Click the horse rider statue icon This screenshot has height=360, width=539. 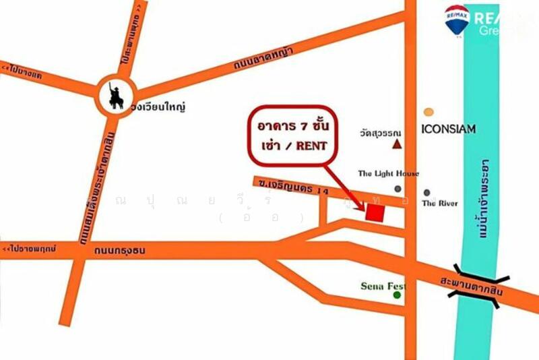[116, 96]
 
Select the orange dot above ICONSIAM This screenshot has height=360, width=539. [429, 112]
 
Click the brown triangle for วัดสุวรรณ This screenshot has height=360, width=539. [398, 144]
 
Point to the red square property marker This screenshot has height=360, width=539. [375, 212]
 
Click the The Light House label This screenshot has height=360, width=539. [388, 173]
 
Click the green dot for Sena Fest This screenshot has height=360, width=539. [397, 295]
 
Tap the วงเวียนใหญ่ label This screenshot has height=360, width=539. [160, 107]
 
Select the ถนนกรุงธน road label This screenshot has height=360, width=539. [121, 251]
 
